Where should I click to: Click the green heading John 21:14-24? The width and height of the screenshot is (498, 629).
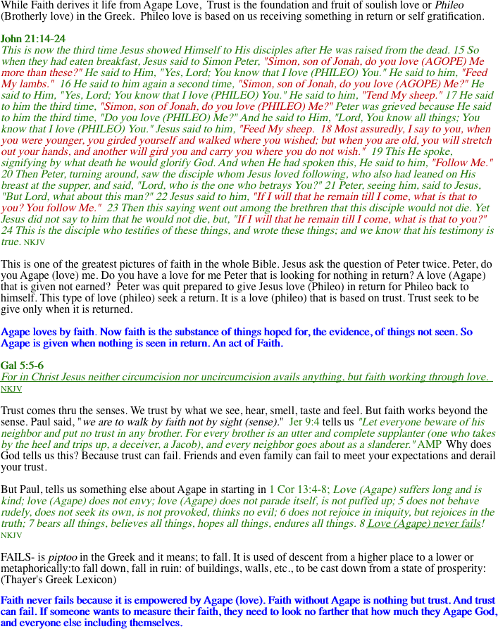(x=33, y=39)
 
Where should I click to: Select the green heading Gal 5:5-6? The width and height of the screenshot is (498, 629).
(x=22, y=366)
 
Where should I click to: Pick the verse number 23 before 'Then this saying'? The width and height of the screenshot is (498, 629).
(x=113, y=208)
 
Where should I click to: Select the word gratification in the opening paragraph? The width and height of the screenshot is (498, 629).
(x=454, y=16)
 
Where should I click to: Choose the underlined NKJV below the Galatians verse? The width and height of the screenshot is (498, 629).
(x=11, y=389)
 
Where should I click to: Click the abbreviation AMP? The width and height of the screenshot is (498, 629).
(x=430, y=444)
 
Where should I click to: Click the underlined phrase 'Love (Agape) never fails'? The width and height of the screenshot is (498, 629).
(x=424, y=523)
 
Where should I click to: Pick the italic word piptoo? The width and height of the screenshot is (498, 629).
(x=63, y=558)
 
